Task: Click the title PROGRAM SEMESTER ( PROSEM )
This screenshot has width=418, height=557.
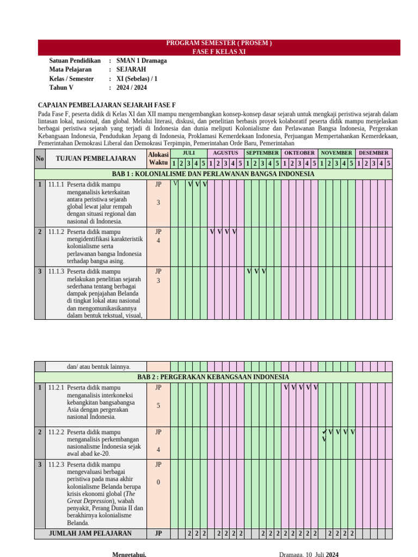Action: tap(219, 44)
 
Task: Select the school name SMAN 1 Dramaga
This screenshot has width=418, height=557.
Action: tap(142, 61)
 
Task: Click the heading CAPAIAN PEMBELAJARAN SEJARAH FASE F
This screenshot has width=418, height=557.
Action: tap(107, 104)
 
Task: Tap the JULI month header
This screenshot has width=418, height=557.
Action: tap(188, 153)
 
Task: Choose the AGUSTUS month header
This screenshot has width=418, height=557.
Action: tap(225, 153)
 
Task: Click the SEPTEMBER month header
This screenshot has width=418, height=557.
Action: tap(262, 153)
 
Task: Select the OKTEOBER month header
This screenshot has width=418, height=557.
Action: tap(299, 153)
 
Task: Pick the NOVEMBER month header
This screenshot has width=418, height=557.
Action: tap(336, 153)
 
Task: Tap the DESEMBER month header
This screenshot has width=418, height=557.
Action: tap(373, 153)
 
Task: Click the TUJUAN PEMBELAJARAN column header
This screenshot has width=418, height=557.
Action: tap(96, 158)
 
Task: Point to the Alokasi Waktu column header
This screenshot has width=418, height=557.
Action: tap(158, 158)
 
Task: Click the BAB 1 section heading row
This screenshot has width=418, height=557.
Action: tap(213, 174)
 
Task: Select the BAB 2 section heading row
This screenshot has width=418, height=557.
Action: tap(213, 377)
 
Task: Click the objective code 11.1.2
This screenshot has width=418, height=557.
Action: tap(56, 232)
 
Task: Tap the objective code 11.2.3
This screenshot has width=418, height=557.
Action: tap(56, 465)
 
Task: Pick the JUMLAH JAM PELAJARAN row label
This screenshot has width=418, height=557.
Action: tap(90, 534)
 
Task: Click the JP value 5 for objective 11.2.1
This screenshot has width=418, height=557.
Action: tap(158, 406)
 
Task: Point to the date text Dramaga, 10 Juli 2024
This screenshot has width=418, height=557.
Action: tap(309, 554)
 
